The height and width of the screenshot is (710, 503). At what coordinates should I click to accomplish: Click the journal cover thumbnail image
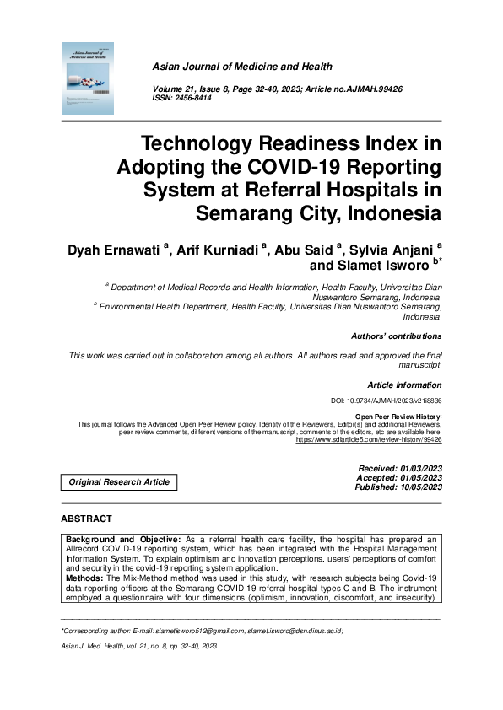[88, 78]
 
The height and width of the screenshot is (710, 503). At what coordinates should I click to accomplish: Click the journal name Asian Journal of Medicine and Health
[241, 67]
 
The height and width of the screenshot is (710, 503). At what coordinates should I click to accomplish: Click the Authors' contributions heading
[396, 336]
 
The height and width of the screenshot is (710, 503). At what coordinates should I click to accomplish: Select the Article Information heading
[404, 384]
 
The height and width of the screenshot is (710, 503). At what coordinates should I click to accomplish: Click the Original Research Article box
[118, 482]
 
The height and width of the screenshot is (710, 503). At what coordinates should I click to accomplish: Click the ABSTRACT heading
[87, 518]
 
